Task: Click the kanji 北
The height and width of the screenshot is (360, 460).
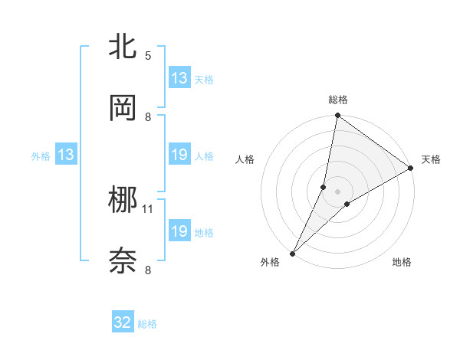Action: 123,47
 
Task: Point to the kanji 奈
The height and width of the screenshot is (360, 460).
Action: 123,261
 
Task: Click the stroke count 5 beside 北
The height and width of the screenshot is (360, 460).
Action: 148,56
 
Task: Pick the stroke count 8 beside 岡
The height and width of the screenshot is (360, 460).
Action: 148,116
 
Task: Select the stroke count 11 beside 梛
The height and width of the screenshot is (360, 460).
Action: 148,208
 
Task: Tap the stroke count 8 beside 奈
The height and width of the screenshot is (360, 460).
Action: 148,270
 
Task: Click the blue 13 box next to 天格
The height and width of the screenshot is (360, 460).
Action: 179,78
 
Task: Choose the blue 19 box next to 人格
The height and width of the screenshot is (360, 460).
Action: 179,155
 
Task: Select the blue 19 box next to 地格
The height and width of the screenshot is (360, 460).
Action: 179,231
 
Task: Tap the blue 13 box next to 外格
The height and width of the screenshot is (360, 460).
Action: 66,155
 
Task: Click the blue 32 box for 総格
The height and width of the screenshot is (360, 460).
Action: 123,322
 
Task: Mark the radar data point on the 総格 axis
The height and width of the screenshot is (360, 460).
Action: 337,116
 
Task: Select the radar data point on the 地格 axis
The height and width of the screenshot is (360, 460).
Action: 347,204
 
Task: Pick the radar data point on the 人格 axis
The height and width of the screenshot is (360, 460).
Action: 324,186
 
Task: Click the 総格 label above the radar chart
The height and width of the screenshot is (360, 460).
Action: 337,100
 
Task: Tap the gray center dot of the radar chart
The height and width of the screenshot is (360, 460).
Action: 337,191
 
